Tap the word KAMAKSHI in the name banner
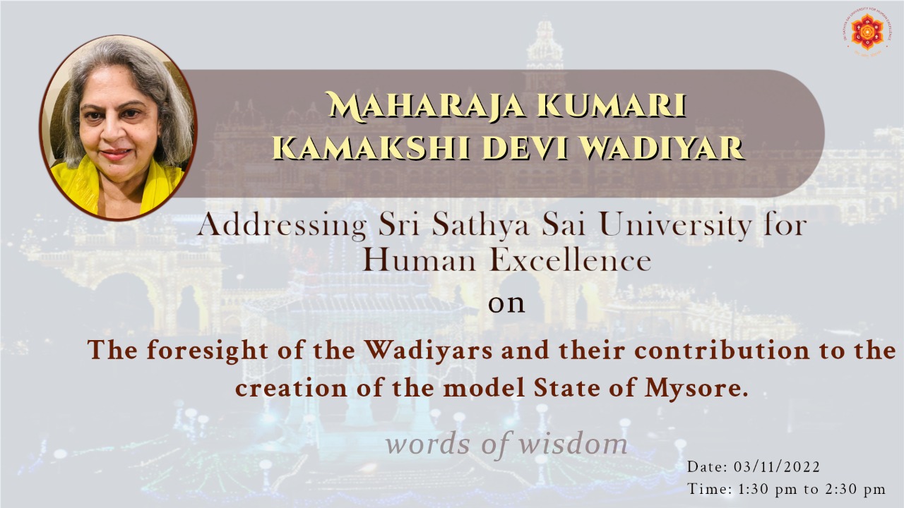(371, 148)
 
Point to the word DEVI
(524, 148)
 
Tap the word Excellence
(570, 261)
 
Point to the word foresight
(207, 351)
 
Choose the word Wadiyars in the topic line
(429, 350)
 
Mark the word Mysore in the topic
(694, 389)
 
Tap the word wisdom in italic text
(573, 444)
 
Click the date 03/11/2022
(777, 467)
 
